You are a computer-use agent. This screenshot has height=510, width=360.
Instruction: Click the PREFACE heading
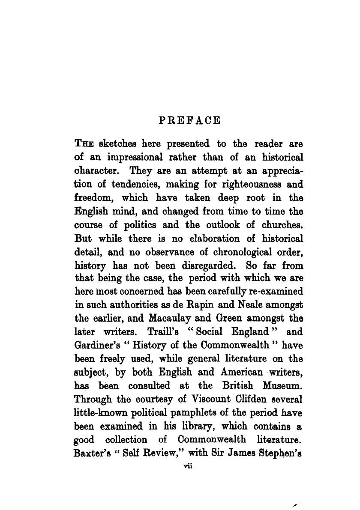pyautogui.click(x=189, y=120)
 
